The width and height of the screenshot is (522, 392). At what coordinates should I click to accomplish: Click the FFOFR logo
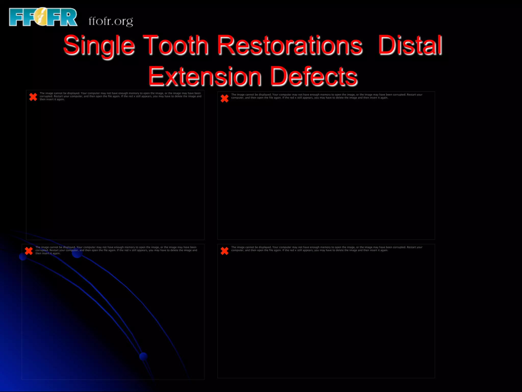pos(43,17)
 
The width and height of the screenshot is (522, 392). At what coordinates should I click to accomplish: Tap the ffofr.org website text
pos(111,21)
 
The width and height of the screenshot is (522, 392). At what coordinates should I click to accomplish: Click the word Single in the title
pos(99,45)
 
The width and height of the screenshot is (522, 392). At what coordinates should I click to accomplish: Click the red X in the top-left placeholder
pos(33,97)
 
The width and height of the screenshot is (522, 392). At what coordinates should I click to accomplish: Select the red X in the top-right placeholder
pos(225,98)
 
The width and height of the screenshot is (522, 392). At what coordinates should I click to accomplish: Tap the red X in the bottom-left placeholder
pos(29,251)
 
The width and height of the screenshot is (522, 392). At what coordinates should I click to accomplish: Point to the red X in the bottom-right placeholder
pos(225,251)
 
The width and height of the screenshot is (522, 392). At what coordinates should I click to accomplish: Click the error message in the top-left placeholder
pos(120,96)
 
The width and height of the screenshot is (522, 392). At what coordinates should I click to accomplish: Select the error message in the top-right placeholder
pos(327,96)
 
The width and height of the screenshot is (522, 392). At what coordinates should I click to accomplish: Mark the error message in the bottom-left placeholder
pos(116,250)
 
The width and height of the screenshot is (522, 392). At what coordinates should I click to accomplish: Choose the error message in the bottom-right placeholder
pos(327,249)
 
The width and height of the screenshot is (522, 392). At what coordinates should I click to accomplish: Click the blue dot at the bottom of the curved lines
pos(143,356)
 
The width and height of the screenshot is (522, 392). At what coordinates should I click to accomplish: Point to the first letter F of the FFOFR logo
pos(16,17)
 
